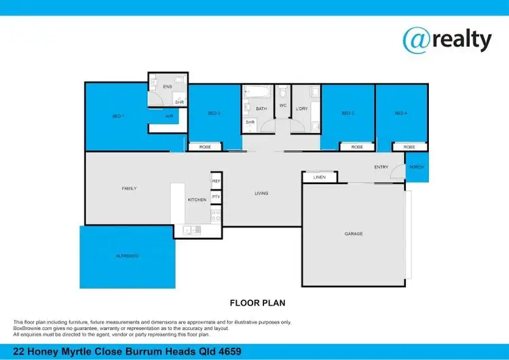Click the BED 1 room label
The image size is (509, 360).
pos(117,117)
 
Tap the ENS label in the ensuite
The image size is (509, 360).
pos(168,87)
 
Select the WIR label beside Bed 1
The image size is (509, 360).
pos(168,117)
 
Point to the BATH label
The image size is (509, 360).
pos(261,108)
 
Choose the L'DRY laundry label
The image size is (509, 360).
pos(302,108)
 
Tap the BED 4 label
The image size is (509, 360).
pos(400,113)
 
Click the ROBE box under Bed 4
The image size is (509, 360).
pos(409,147)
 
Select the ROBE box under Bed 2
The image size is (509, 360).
pos(204,147)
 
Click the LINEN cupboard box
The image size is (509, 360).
pos(320,177)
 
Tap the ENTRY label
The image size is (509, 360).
pos(381,166)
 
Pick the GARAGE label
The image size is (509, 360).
pos(354,234)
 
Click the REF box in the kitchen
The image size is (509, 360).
pos(216,181)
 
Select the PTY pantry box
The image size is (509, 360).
pos(216,197)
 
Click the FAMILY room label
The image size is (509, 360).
pos(130,188)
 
